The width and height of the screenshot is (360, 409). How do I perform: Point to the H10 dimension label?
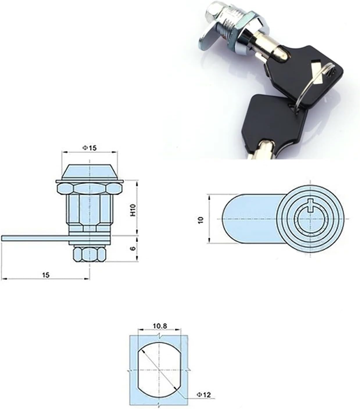point(133,210)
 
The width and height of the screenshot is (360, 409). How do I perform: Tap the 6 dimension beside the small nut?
point(133,248)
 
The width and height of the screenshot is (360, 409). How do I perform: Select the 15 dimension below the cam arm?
point(46,274)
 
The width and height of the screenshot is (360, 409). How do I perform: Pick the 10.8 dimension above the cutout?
point(160,326)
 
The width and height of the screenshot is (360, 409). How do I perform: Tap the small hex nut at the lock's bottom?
point(89,254)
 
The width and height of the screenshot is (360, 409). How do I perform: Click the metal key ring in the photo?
point(314,87)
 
